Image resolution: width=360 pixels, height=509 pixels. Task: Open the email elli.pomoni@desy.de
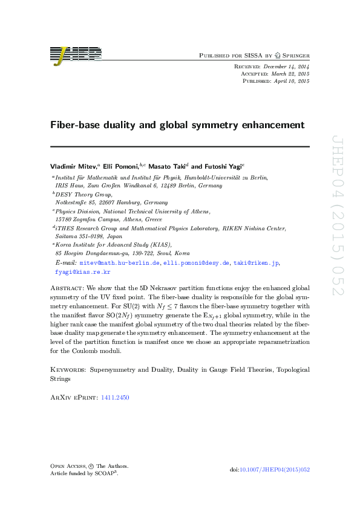(x=197, y=264)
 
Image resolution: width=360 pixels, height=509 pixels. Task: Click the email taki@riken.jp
(x=256, y=264)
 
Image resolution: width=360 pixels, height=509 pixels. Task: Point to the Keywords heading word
(x=67, y=368)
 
